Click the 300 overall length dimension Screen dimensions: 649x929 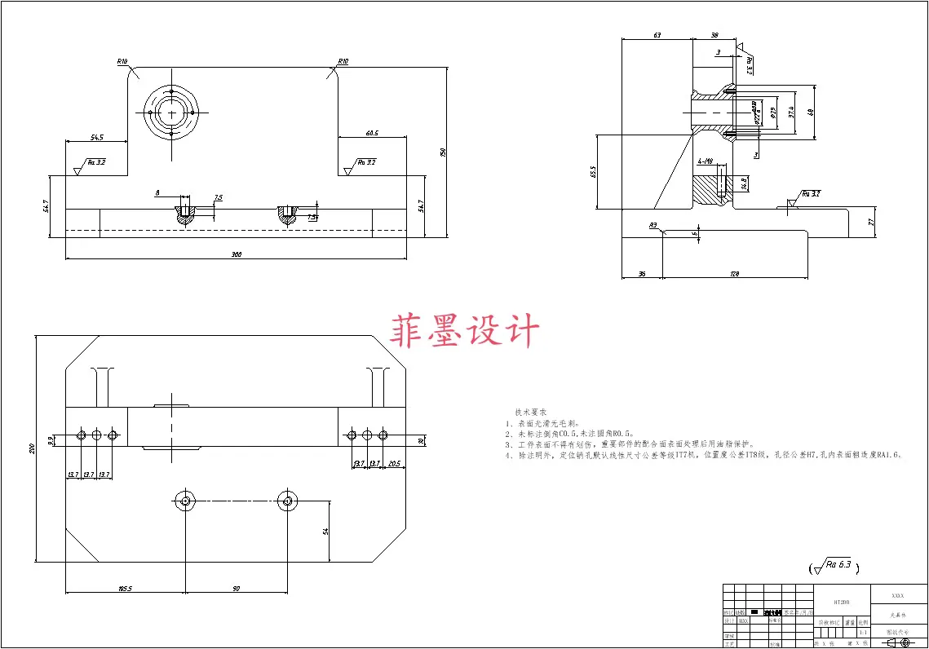click(x=237, y=255)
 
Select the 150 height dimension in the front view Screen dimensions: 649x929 click(x=443, y=152)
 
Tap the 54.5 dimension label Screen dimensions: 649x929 click(x=97, y=135)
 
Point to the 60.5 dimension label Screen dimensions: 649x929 click(x=372, y=133)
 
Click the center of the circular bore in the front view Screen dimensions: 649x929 click(x=172, y=112)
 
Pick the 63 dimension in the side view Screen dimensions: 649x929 click(x=657, y=35)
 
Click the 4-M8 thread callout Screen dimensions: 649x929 click(x=706, y=161)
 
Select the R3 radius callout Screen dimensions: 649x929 click(x=653, y=224)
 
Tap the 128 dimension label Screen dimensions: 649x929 click(x=734, y=275)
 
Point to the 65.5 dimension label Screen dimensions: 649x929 click(x=592, y=171)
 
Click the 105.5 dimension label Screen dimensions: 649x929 click(x=126, y=588)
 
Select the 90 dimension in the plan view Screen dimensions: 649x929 click(x=237, y=588)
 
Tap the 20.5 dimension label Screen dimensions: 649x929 click(x=395, y=464)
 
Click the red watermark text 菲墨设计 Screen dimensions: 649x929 click(x=466, y=332)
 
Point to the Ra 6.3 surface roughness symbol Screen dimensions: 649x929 click(x=833, y=565)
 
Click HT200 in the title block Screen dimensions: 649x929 click(x=841, y=603)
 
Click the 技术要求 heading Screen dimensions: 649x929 click(x=530, y=413)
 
